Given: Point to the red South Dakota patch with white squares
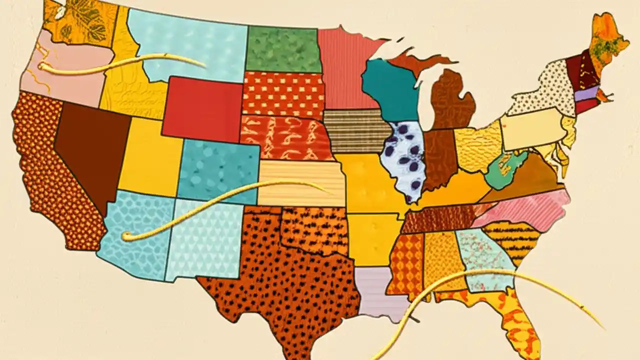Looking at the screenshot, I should click(283, 94).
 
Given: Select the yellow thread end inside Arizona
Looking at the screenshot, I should click(126, 236).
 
